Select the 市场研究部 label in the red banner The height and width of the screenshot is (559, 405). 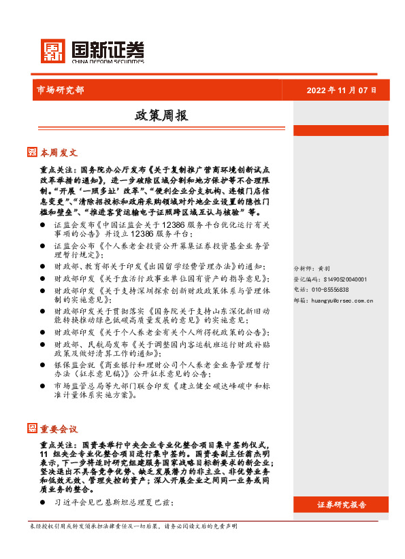60,90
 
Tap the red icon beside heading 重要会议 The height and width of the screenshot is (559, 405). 32,428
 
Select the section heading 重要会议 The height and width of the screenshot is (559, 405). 59,428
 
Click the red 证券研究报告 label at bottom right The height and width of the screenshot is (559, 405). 342,505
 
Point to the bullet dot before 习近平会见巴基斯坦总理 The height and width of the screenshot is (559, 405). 43,503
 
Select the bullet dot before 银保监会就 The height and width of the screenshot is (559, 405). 43,365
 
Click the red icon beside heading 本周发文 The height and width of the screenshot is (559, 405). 32,152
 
